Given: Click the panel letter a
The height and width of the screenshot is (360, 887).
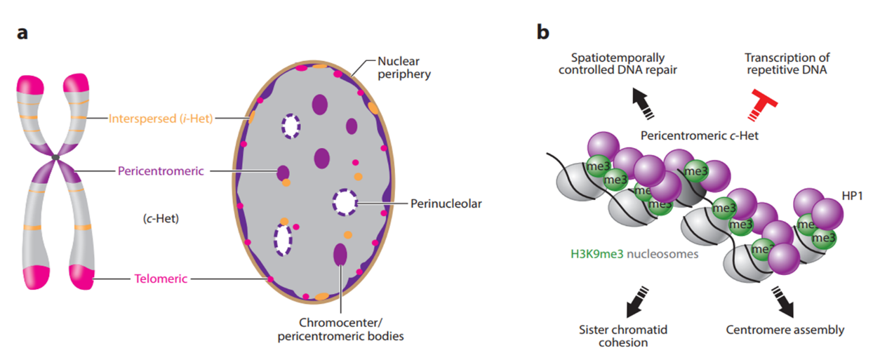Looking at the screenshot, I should point(22,33).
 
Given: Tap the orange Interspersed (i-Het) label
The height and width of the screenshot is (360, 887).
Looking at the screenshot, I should point(161,118).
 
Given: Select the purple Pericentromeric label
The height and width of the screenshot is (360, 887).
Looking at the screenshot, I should point(161,171).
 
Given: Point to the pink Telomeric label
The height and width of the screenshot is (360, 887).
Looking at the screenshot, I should point(161,279).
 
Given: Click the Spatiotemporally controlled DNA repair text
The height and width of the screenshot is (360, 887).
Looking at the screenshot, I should point(617,65).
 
